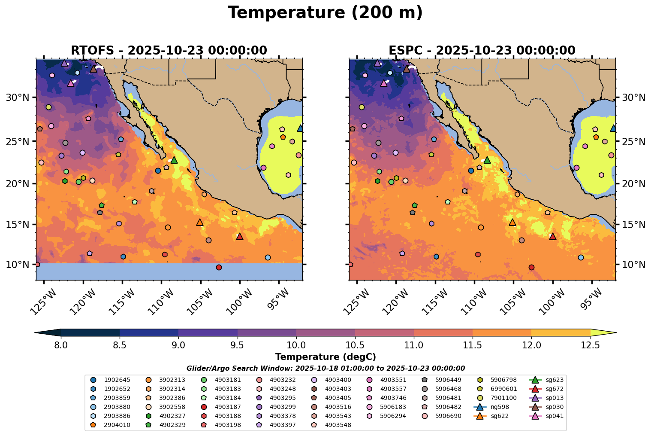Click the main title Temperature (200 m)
coord(325,13)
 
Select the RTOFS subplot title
coord(169,50)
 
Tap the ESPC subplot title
coord(482,50)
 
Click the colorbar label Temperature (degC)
coord(325,357)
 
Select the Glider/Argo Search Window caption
coord(325,368)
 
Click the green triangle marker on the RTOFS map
coord(174,160)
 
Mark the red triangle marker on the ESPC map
coord(552,236)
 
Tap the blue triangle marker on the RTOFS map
coord(300,128)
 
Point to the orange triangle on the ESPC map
coord(512,222)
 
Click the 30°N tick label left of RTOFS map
coord(18,98)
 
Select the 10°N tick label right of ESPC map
coord(633,264)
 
